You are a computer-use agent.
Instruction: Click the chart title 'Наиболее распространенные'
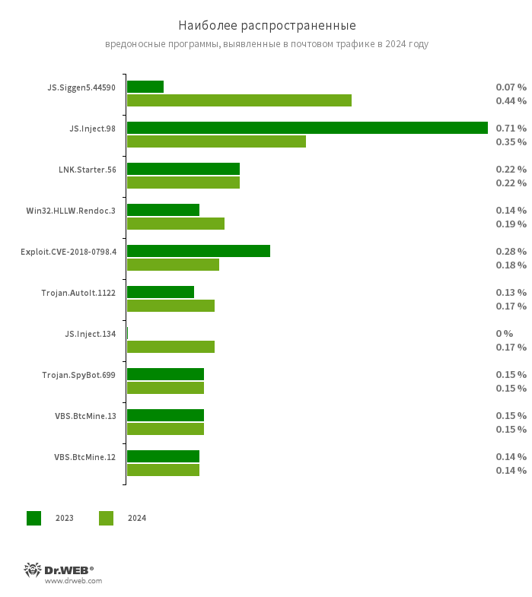(266, 26)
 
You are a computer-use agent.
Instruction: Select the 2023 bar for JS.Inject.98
(307, 128)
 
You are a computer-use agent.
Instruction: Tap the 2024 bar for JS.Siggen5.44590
(239, 100)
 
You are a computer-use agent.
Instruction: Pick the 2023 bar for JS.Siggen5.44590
(145, 87)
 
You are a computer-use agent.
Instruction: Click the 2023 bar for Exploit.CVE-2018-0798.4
(199, 251)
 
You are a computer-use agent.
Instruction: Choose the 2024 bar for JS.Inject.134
(170, 347)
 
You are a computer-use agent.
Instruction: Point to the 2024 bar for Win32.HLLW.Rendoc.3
(176, 224)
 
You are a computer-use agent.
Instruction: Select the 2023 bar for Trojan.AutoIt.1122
(161, 292)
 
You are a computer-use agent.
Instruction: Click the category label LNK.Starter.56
(88, 170)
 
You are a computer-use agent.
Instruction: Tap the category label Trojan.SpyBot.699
(79, 375)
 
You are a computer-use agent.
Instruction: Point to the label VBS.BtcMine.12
(85, 457)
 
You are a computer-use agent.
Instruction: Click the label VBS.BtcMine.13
(85, 416)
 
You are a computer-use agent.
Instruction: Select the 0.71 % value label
(511, 128)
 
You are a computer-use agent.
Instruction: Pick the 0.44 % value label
(511, 100)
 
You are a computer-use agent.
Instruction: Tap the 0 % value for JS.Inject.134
(505, 333)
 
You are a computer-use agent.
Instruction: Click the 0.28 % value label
(511, 251)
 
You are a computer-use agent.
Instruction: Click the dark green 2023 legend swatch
(34, 518)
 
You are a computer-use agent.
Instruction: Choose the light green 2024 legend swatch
(106, 518)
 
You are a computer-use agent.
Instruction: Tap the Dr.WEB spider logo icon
(33, 570)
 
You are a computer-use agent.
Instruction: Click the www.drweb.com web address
(73, 581)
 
